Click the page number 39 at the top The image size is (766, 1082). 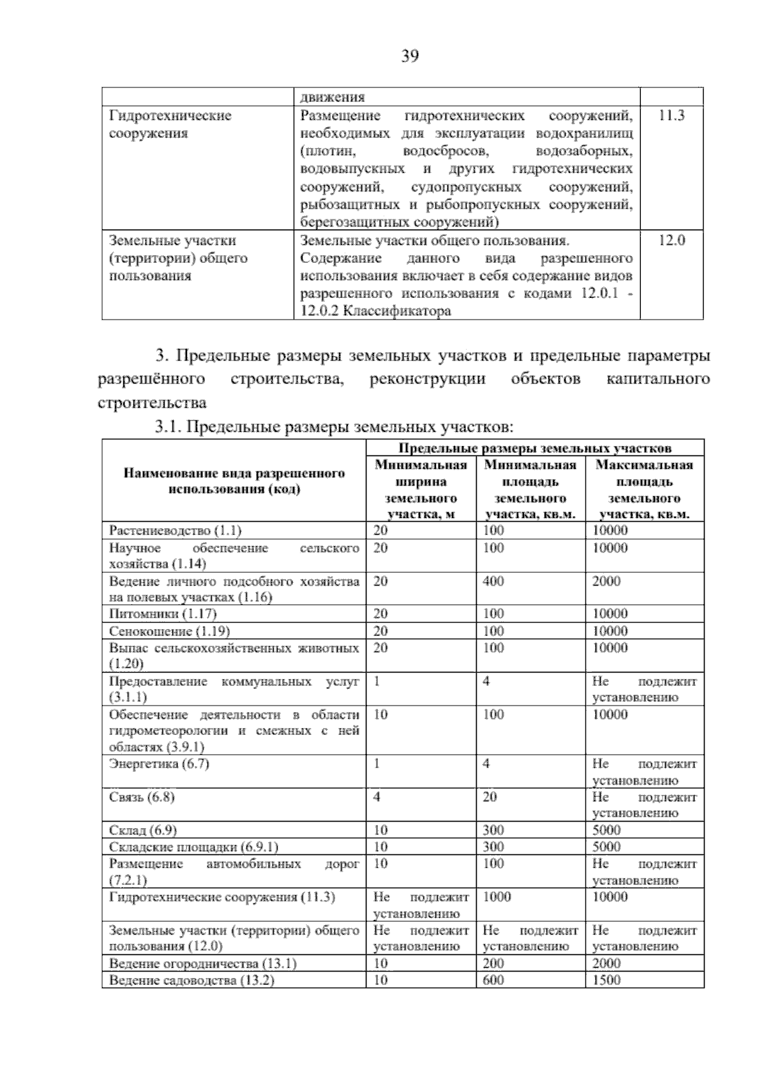coord(410,57)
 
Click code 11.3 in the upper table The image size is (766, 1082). coord(671,115)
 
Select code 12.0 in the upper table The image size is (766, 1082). coord(671,241)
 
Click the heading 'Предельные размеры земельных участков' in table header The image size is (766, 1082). coord(535,448)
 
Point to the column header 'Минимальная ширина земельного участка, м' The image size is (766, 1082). coord(421,489)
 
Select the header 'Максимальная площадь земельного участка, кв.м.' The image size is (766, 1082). coord(644,489)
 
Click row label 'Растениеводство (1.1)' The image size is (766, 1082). coord(176,531)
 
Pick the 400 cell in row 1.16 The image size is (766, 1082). coord(493,581)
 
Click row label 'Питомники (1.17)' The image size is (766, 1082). coord(163,614)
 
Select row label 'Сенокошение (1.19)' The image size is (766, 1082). coord(169,631)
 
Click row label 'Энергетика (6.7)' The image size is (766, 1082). coord(159,764)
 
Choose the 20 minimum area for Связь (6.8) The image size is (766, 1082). coord(490,797)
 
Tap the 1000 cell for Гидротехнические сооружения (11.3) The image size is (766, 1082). coord(497,897)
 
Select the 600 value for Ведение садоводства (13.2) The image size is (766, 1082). coord(493,980)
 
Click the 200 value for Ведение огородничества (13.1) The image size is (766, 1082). coord(493,963)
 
